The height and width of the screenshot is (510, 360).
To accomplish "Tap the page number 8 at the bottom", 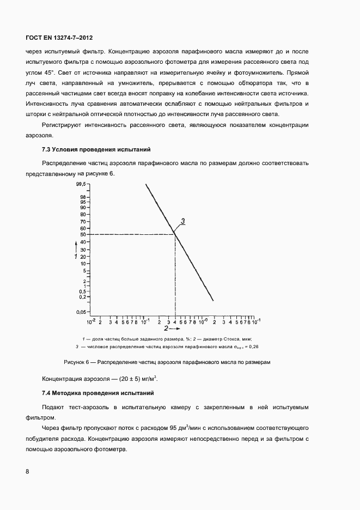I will pos(27,471).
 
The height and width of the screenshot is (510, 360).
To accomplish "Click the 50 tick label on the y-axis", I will pos(82,234).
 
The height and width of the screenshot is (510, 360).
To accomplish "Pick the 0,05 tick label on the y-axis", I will pos(81,312).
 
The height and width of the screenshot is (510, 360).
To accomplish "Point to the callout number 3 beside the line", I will pos(183,221).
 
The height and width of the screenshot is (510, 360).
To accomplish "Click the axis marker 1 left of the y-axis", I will pos(76,255).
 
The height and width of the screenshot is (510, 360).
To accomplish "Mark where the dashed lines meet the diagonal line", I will pos(175,234).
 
